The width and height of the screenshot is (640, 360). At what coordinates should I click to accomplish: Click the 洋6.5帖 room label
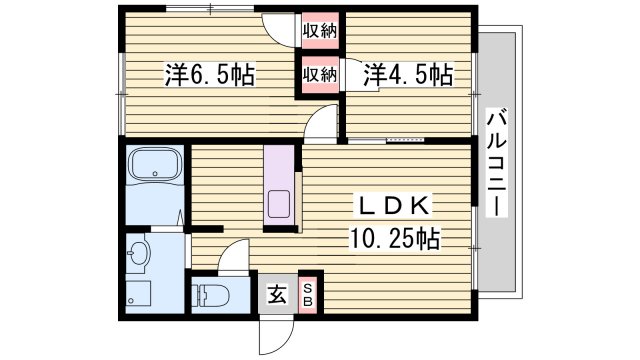click(x=208, y=75)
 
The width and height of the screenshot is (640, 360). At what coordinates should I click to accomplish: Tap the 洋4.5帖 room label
click(x=408, y=75)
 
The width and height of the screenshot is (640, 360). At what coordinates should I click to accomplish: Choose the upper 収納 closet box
click(x=319, y=30)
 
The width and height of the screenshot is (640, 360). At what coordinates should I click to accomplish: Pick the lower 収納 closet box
click(x=319, y=75)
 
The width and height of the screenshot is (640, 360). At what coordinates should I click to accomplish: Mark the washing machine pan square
click(x=138, y=297)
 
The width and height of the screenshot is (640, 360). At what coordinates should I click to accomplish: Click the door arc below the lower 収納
click(x=322, y=121)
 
